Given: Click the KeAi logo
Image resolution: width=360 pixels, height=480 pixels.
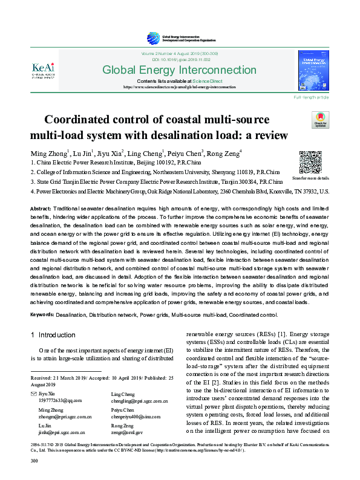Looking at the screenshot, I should point(45,70).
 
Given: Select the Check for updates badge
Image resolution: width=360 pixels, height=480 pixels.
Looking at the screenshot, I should point(319,120).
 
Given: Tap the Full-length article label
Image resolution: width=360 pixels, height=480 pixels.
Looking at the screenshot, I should point(312,97).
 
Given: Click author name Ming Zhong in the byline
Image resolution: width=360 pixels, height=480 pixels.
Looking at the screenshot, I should point(48,152).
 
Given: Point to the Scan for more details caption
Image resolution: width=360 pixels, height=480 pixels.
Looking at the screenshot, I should point(311,178).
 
